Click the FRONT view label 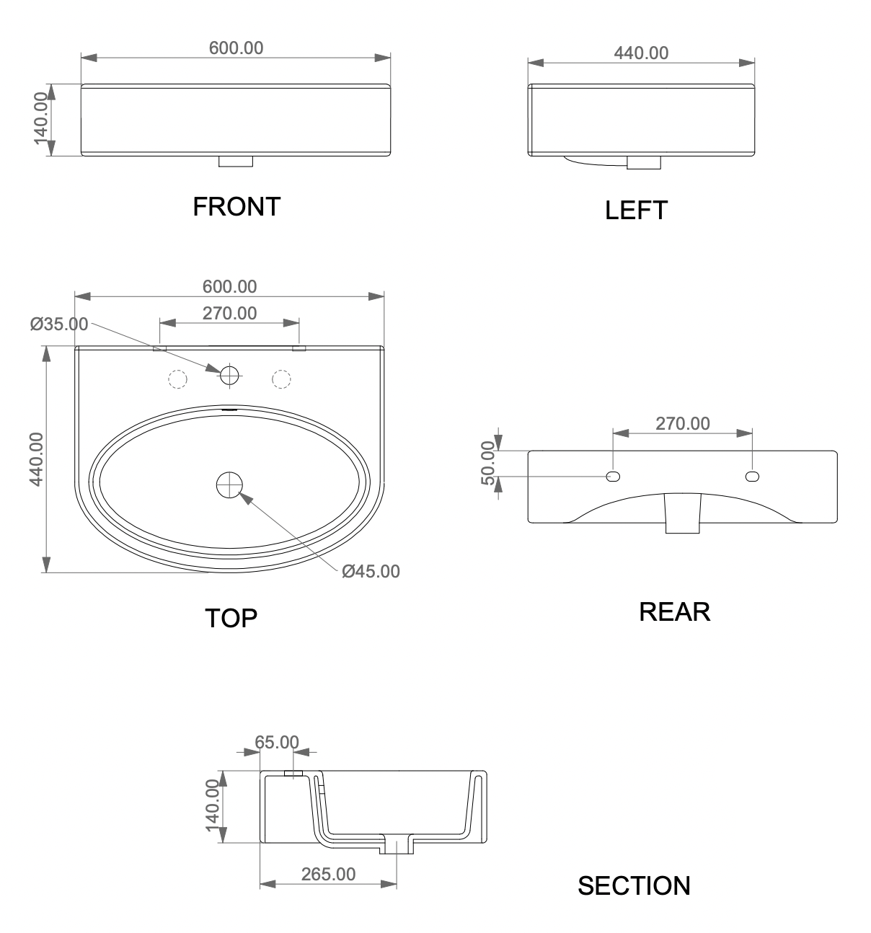point(236,207)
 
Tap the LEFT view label point(636,210)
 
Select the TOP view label point(231,618)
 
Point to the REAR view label point(674,611)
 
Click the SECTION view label point(634,885)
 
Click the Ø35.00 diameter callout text point(59,324)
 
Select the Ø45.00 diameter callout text point(371,571)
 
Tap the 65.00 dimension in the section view point(277,742)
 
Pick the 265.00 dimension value point(328,874)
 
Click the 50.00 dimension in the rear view point(489,463)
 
